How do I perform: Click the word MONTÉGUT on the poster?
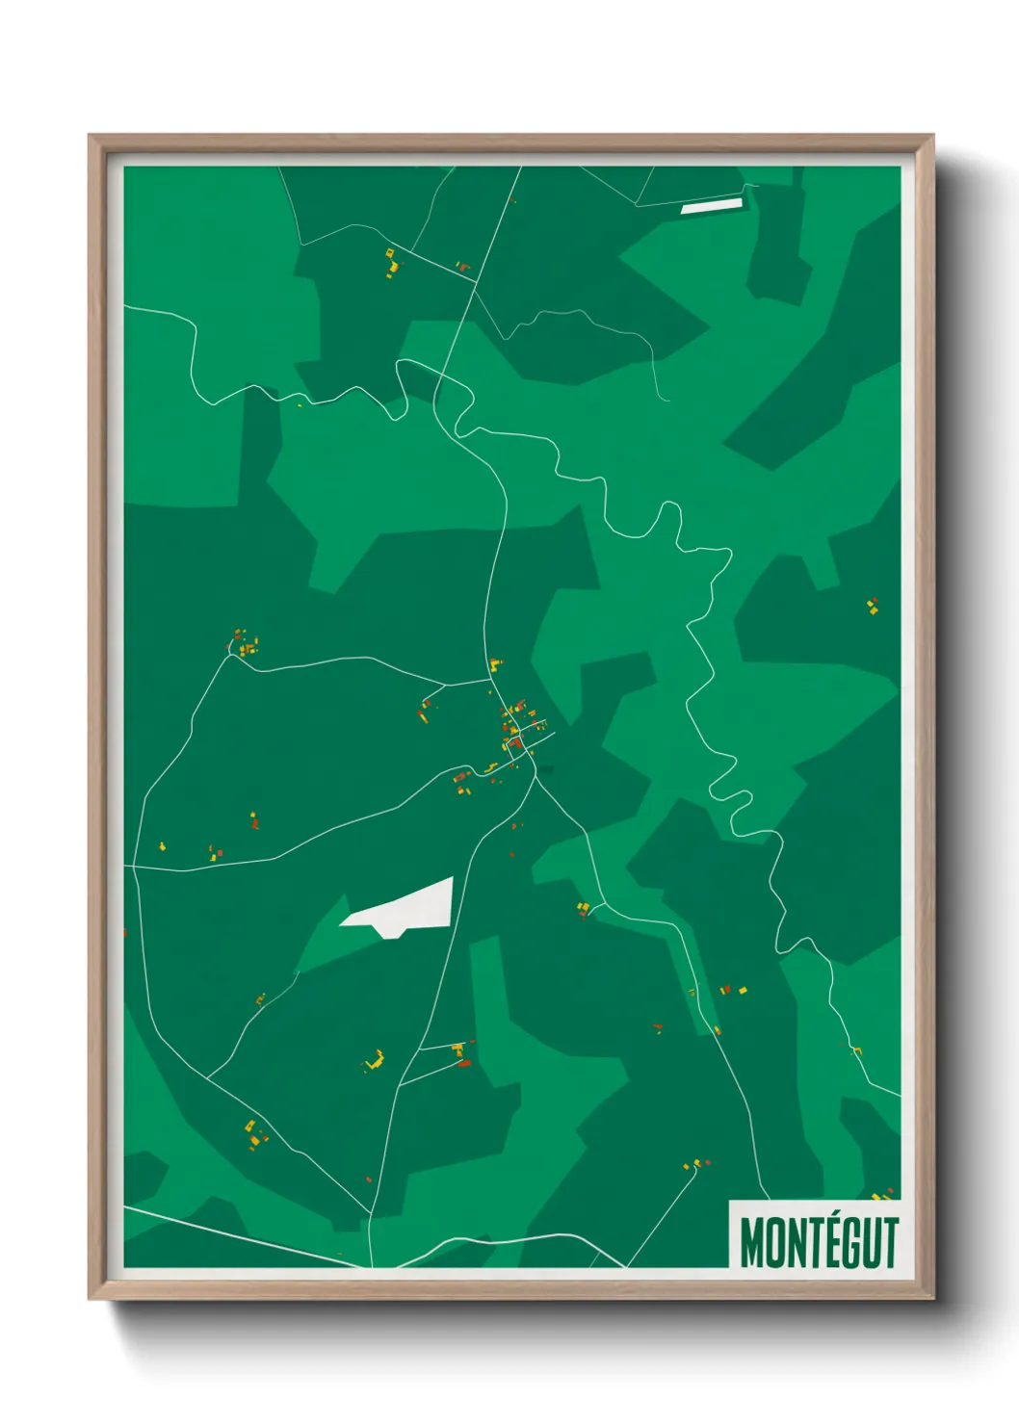click(x=819, y=1242)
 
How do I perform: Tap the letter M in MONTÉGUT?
click(x=751, y=1243)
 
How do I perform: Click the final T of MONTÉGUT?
click(x=890, y=1243)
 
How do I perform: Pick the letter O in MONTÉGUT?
click(x=772, y=1243)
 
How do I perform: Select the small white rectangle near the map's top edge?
click(x=712, y=205)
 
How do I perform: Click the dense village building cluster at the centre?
click(x=517, y=727)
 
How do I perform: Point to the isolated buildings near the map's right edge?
click(x=873, y=606)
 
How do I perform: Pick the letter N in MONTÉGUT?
click(x=793, y=1243)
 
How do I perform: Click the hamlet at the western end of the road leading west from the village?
click(x=244, y=643)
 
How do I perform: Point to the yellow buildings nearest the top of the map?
click(x=391, y=261)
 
